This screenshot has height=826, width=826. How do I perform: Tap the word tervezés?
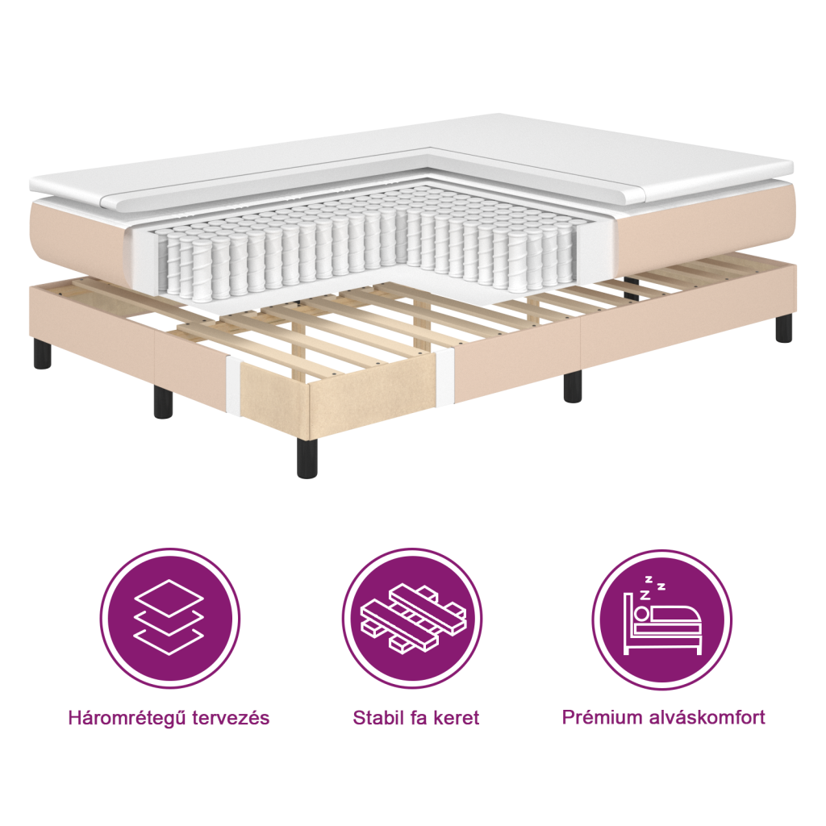pyautogui.click(x=229, y=718)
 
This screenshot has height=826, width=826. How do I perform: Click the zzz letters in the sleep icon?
pyautogui.click(x=652, y=587)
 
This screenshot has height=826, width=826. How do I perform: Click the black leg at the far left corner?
pyautogui.click(x=43, y=355)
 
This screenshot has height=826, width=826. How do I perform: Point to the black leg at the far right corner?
pyautogui.click(x=783, y=327)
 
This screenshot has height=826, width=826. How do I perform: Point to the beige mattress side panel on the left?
pyautogui.click(x=77, y=234)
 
